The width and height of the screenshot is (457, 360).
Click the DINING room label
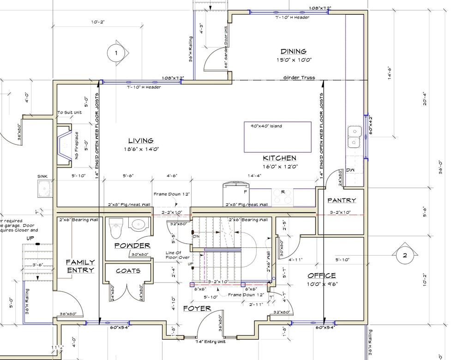click(293, 52)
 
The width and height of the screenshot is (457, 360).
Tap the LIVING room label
click(141, 141)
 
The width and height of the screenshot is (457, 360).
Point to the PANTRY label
click(342, 200)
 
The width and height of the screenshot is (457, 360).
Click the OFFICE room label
click(322, 276)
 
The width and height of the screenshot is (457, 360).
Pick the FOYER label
click(197, 308)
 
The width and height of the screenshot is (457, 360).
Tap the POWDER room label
click(132, 246)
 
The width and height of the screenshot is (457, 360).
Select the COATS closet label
click(128, 271)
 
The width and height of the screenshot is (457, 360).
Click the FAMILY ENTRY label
click(80, 266)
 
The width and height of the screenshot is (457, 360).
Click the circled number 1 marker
click(116, 54)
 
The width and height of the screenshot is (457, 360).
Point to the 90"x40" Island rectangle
click(277, 137)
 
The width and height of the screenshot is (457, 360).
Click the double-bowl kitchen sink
click(355, 137)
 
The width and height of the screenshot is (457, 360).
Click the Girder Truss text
click(300, 78)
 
